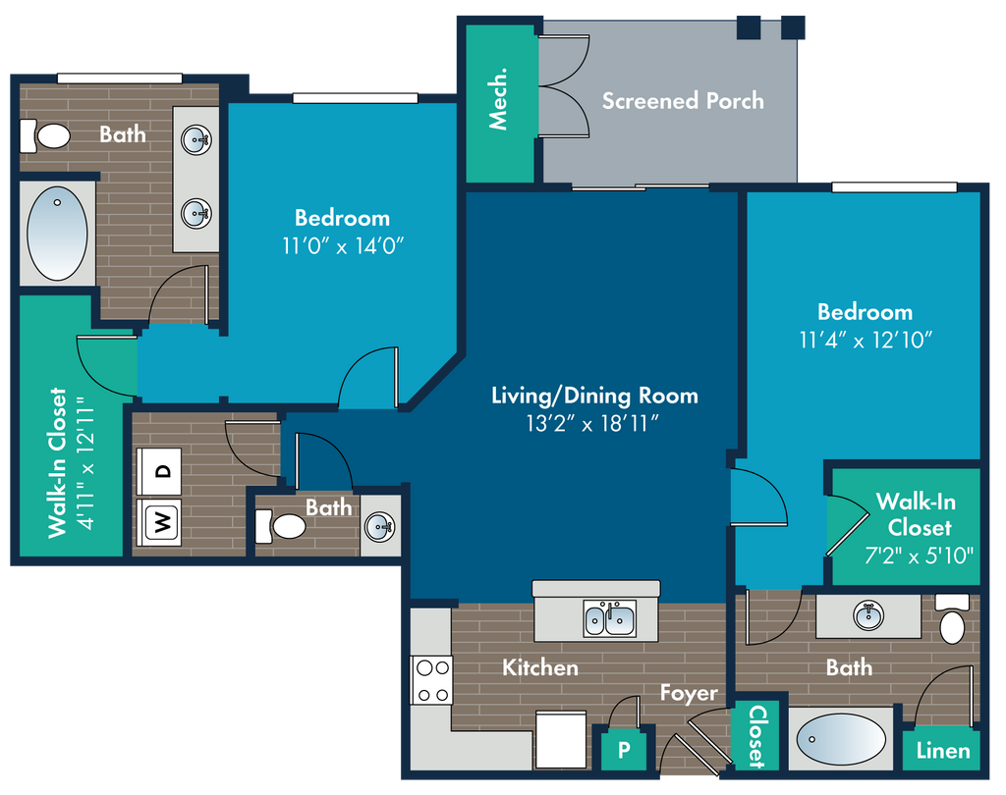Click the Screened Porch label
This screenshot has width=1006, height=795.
coord(683,101)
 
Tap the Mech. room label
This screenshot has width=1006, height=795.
coord(498,99)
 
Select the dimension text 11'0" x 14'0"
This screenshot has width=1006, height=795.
coord(343,245)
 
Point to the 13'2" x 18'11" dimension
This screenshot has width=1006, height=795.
coord(592,423)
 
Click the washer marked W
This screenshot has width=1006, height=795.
coord(159,522)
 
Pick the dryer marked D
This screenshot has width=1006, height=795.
coord(159,471)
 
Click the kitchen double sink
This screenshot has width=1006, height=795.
coord(609,618)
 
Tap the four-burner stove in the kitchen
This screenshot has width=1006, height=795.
coord(432,680)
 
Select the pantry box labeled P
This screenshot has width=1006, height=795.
coord(623,750)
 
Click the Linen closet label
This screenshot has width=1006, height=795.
coord(942,751)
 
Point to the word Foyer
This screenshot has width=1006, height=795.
coord(689,693)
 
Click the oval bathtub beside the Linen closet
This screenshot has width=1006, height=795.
coord(841,739)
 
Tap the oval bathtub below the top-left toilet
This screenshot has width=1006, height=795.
coord(57,234)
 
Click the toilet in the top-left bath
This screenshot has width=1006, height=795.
coord(45,135)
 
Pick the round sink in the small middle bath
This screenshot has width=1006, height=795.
coord(380,527)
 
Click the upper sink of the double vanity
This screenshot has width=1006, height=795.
coord(196,139)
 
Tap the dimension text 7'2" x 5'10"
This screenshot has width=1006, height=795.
coord(919,556)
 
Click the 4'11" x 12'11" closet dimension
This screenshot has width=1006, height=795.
coord(85,462)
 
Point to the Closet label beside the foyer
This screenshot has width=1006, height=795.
coord(757,736)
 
